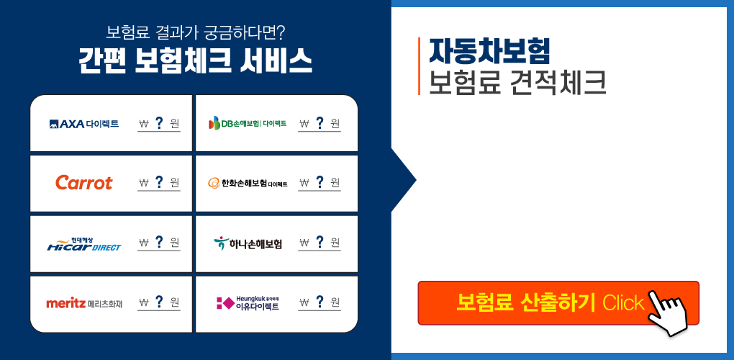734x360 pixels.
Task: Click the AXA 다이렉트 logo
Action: [x=83, y=124]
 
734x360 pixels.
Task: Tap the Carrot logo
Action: [x=83, y=183]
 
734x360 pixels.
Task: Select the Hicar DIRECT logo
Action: [x=83, y=244]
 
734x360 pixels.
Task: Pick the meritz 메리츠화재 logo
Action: [x=84, y=303]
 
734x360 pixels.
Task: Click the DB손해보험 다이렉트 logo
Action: [x=248, y=124]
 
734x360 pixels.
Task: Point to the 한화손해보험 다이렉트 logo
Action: [x=248, y=183]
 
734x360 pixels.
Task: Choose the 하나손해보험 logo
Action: [x=248, y=243]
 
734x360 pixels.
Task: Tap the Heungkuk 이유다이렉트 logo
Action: [x=248, y=303]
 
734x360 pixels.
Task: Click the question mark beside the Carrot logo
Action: [x=159, y=182]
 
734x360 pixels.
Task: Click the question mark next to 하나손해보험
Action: [x=320, y=242]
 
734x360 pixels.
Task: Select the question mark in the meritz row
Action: [x=159, y=302]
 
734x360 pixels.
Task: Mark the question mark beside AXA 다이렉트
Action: [x=159, y=123]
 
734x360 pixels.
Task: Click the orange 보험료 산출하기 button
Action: [x=558, y=303]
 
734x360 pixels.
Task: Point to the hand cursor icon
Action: [x=666, y=312]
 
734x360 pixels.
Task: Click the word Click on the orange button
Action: [x=623, y=303]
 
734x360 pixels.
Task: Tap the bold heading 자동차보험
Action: [x=489, y=51]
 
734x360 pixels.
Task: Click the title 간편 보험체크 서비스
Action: [x=195, y=61]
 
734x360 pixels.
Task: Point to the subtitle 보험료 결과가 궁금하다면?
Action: [x=196, y=33]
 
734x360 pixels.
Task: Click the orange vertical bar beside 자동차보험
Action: [x=419, y=66]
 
